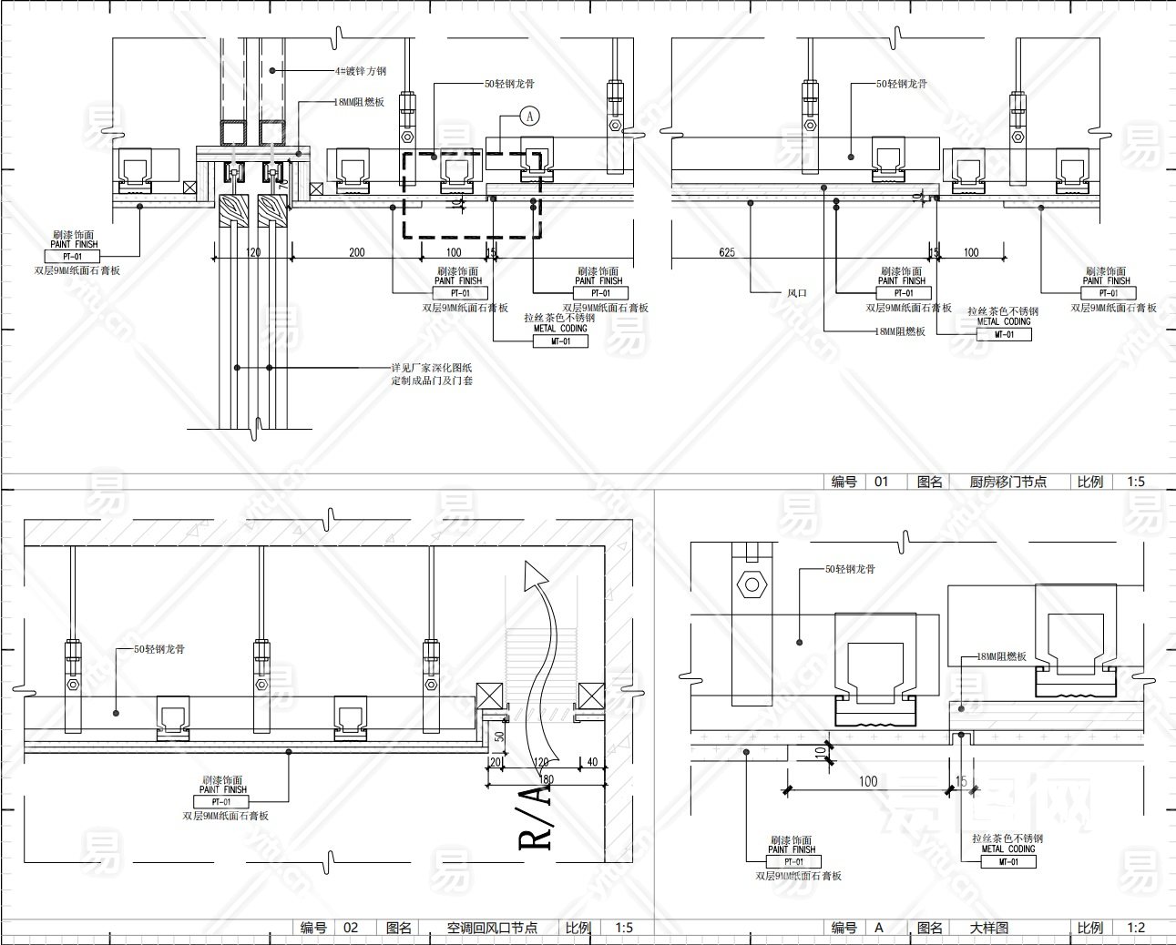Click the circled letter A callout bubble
531,116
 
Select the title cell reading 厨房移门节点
1007,482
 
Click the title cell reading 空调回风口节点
492,928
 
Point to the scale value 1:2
1136,928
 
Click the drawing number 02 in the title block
351,928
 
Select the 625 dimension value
726,252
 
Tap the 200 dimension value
356,252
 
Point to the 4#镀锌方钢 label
361,71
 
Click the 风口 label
797,293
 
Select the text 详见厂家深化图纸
432,368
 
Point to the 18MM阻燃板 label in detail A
1001,656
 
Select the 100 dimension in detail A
868,781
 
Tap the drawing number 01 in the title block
881,482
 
